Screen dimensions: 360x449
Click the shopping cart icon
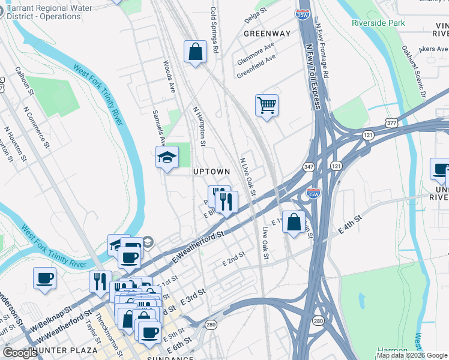click(x=267, y=106)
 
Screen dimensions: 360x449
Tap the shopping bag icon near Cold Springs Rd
click(x=196, y=52)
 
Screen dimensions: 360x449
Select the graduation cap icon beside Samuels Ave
click(x=167, y=158)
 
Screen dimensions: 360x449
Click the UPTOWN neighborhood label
click(x=211, y=172)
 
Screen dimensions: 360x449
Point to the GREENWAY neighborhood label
click(x=267, y=34)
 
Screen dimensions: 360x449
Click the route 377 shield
click(x=392, y=123)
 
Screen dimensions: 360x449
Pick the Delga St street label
click(x=256, y=16)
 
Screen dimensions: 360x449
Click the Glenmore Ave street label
click(x=255, y=54)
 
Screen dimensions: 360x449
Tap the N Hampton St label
click(x=199, y=127)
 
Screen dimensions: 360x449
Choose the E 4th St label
click(x=350, y=224)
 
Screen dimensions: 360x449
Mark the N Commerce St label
click(x=35, y=126)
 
